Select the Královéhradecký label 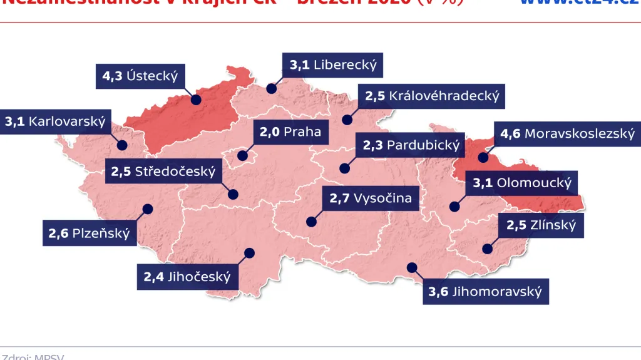(x=431, y=96)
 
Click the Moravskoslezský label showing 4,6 (x=567, y=133)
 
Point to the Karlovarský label (x=55, y=121)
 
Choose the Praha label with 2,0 (x=290, y=131)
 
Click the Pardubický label (x=411, y=145)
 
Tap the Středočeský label (x=163, y=171)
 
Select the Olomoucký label (x=522, y=183)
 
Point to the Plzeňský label (x=89, y=234)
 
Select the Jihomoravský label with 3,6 (x=485, y=292)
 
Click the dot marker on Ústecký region (x=196, y=100)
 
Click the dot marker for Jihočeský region (x=250, y=253)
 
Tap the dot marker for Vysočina (x=310, y=221)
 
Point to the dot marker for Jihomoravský (x=411, y=267)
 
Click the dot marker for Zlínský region (x=486, y=249)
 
